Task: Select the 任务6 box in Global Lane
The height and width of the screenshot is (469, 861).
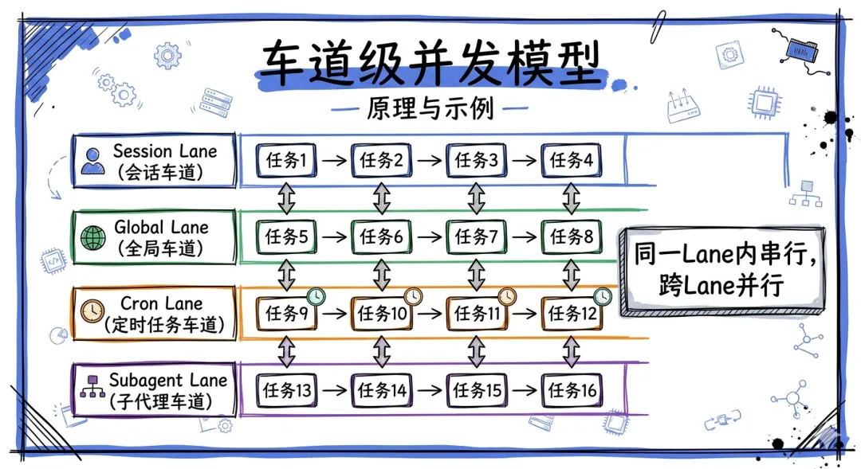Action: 382,236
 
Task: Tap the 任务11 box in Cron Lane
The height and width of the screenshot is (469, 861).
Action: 477,313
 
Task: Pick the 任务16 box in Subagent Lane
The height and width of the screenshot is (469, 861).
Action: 572,390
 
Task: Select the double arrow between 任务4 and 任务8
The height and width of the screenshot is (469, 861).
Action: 571,198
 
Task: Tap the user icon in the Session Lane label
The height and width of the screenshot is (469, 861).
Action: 92,160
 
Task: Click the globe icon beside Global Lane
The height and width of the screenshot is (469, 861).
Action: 92,236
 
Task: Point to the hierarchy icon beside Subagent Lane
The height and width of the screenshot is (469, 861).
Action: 92,389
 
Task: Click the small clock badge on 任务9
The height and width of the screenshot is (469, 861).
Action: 316,296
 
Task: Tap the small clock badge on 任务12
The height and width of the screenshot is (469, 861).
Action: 602,296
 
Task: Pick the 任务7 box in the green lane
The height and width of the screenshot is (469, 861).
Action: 477,236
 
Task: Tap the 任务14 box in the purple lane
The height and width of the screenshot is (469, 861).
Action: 382,390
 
